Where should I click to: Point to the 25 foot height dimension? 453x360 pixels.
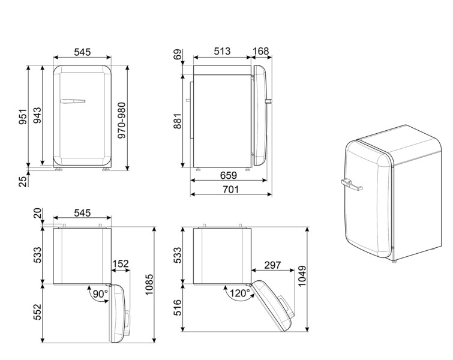pos(22,181)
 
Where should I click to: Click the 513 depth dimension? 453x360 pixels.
pos(222,52)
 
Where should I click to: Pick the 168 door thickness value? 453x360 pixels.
pos(261,52)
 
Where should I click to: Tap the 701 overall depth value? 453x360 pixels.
pos(231,190)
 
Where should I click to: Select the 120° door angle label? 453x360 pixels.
pos(238,294)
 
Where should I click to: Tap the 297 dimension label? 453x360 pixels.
pos(272,265)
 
